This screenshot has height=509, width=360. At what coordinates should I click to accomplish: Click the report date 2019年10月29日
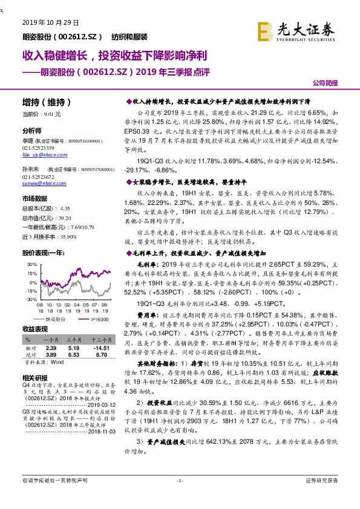[x=50, y=23]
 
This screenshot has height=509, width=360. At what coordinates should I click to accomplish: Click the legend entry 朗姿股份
[x=57, y=319]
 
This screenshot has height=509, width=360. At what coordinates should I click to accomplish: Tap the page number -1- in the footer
[x=179, y=480]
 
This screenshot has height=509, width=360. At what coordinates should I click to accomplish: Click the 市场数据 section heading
[x=34, y=199]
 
